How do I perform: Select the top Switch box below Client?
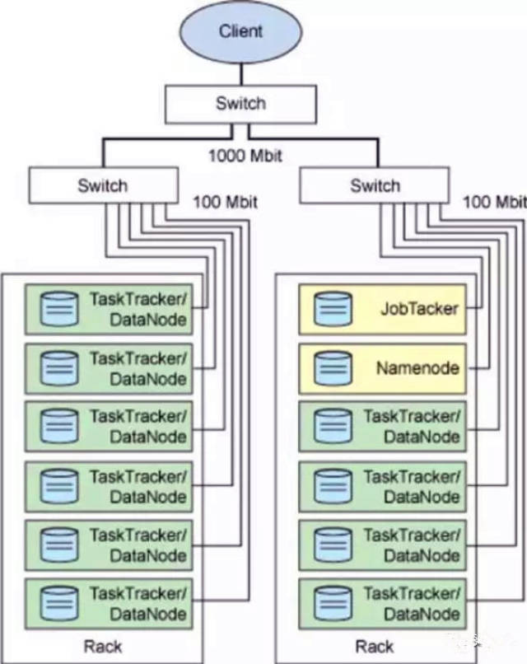point(240,103)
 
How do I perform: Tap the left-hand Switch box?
point(102,185)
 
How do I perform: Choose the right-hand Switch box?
point(375,185)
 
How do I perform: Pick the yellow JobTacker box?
point(382,310)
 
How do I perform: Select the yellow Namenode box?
point(382,368)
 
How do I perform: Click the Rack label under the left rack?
point(102,645)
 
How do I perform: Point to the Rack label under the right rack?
point(375,645)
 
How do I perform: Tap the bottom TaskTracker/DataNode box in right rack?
point(382,604)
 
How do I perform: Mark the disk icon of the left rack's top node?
point(58,310)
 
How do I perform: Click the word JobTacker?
point(419,310)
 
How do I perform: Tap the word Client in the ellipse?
point(240,31)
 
